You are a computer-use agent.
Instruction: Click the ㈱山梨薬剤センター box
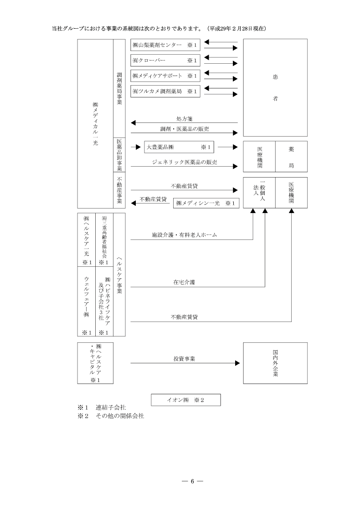(x=165, y=46)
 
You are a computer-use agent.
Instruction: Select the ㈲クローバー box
(x=165, y=61)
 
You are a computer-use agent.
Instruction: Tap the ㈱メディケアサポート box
(x=165, y=76)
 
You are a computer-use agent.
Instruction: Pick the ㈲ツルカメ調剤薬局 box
(x=165, y=92)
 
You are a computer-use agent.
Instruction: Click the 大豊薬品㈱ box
(x=180, y=147)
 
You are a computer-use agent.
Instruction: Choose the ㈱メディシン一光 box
(x=206, y=203)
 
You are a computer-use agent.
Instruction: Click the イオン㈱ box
(x=185, y=400)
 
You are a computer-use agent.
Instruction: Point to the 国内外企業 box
(x=275, y=364)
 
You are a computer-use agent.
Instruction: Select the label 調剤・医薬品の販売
(x=184, y=129)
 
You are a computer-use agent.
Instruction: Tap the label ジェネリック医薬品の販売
(x=184, y=162)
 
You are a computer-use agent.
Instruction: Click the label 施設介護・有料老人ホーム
(x=184, y=235)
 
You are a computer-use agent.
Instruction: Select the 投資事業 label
(x=184, y=359)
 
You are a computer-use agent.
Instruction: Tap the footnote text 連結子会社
(x=111, y=407)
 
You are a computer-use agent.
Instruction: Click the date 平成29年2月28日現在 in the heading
(x=237, y=29)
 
